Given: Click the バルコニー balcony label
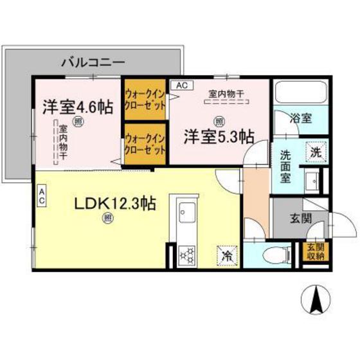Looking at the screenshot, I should [93, 63].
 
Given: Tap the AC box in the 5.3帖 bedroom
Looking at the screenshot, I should [181, 85].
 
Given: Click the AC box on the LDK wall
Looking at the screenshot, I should [41, 195].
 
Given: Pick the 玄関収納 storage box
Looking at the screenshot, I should [315, 252].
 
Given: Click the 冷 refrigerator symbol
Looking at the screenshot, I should [227, 255].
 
